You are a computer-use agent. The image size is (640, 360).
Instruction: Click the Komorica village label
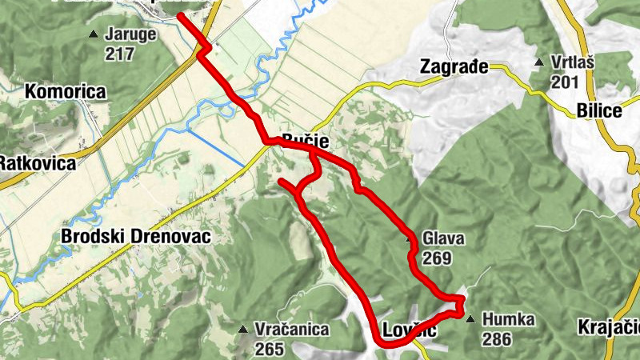point(66,92)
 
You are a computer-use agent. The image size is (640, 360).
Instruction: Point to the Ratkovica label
point(37,163)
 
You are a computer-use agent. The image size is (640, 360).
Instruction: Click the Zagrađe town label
point(454,67)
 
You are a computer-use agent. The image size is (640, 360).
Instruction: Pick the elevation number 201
point(565,82)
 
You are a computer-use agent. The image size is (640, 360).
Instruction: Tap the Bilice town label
point(598,111)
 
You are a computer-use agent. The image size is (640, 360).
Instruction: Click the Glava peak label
point(443,239)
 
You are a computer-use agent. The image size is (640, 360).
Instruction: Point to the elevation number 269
point(438,258)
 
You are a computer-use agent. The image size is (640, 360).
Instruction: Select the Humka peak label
point(508,320)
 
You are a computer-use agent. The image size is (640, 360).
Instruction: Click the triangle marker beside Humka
point(470,319)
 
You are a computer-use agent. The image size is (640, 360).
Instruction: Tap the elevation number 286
point(497,339)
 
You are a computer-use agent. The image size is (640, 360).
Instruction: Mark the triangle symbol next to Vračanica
point(242,328)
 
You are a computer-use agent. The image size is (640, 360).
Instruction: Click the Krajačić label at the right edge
point(610,327)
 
